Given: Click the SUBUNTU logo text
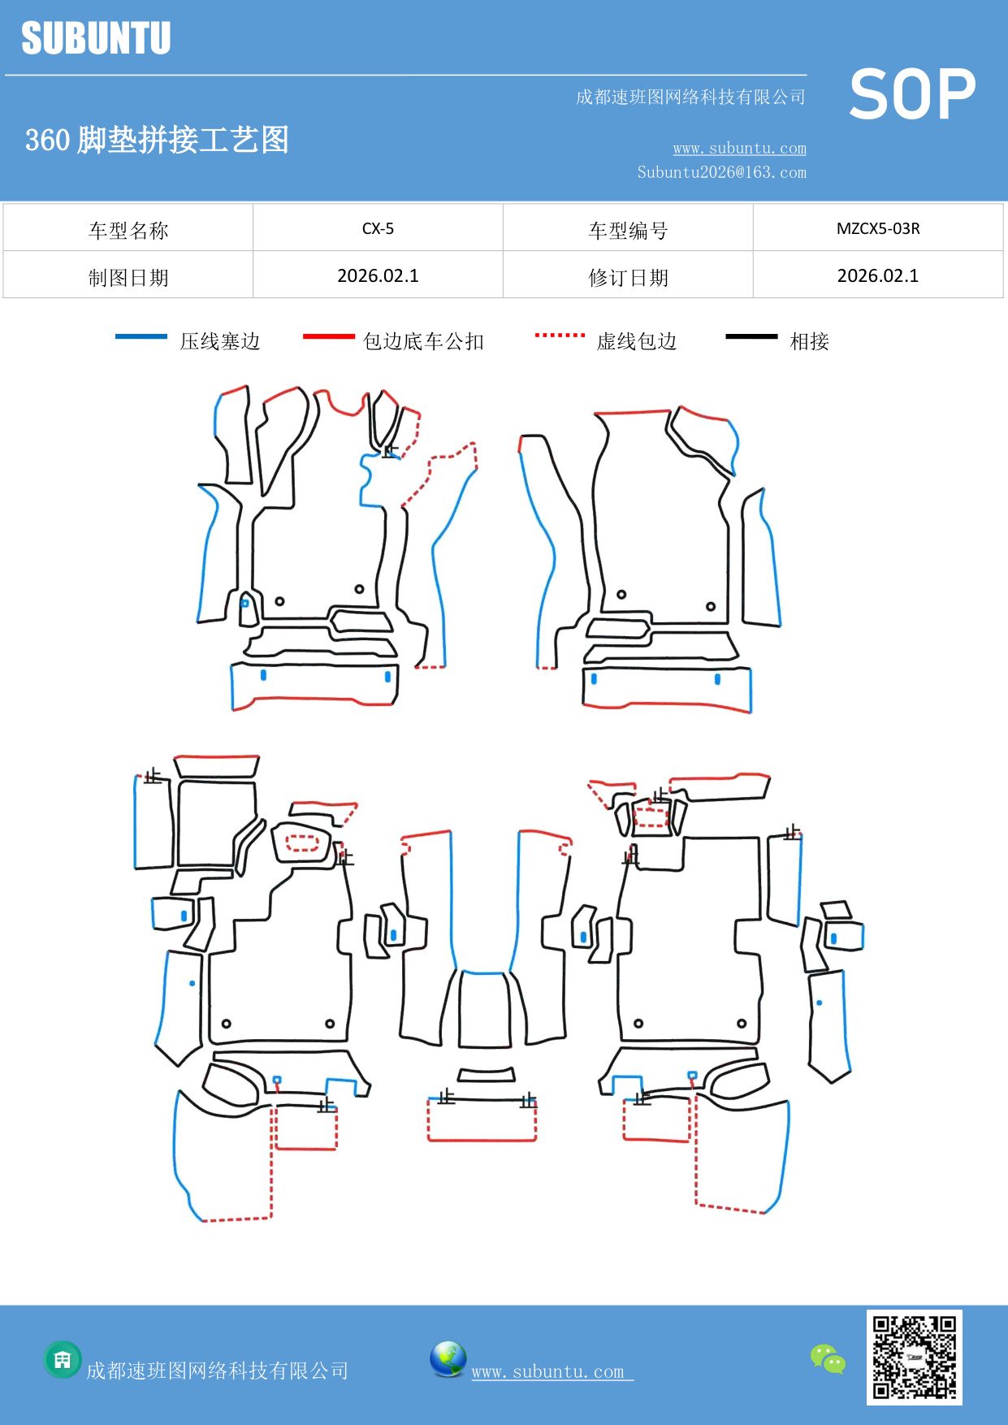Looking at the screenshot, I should pyautogui.click(x=96, y=38).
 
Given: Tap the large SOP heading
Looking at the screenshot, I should pyautogui.click(x=912, y=94).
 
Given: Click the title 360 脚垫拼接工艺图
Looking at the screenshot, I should pyautogui.click(x=157, y=140).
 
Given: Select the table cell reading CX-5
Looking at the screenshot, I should pyautogui.click(x=378, y=228).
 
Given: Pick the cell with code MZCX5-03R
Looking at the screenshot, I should pyautogui.click(x=878, y=228).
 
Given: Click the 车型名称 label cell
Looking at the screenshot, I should pyautogui.click(x=128, y=231).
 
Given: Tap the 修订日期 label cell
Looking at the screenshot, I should pyautogui.click(x=628, y=278).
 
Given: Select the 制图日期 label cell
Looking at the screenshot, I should pyautogui.click(x=128, y=278).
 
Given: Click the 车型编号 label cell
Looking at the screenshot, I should pyautogui.click(x=628, y=231).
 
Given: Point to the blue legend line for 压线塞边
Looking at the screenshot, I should pyautogui.click(x=141, y=336).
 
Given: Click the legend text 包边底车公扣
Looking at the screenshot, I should pyautogui.click(x=423, y=341).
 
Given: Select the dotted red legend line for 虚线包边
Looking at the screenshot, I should pyautogui.click(x=560, y=335).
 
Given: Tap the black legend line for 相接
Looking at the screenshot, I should pyautogui.click(x=751, y=336).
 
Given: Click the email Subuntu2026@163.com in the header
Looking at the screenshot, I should pyautogui.click(x=721, y=172).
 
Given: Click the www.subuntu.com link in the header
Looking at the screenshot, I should pyautogui.click(x=739, y=148).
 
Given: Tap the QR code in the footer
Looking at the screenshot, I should pyautogui.click(x=914, y=1357).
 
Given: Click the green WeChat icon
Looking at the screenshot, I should pyautogui.click(x=828, y=1359).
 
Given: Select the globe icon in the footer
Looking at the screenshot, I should pyautogui.click(x=448, y=1359).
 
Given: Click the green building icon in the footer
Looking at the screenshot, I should pyautogui.click(x=63, y=1359).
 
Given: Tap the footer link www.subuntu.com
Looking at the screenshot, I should pyautogui.click(x=548, y=1371).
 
